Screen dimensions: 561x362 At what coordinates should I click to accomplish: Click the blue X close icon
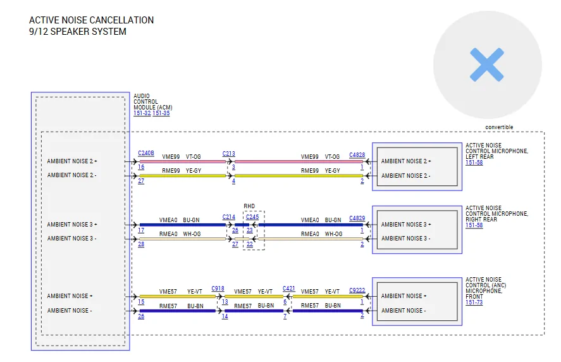click(487, 65)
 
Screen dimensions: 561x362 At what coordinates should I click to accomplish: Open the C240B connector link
click(146, 153)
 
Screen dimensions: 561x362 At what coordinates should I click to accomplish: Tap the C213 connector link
click(228, 154)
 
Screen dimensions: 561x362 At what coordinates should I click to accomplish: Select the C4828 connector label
click(357, 155)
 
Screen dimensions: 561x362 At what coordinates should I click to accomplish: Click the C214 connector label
click(228, 217)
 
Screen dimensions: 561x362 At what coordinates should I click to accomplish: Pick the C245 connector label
click(252, 217)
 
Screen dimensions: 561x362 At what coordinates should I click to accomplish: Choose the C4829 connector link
click(357, 218)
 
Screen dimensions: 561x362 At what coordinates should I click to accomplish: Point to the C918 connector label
click(218, 289)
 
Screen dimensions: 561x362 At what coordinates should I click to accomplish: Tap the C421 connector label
click(289, 289)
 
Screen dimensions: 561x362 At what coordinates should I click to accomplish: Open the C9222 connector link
click(357, 290)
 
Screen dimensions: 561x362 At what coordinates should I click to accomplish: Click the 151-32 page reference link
click(142, 113)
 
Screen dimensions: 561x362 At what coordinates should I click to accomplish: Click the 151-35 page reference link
click(161, 113)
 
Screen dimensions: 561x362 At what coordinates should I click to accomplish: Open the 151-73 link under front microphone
click(474, 303)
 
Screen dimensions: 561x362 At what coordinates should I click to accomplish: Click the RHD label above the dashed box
click(249, 206)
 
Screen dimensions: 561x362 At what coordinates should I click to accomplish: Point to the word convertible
click(499, 127)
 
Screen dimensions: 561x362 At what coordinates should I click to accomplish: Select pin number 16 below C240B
click(141, 167)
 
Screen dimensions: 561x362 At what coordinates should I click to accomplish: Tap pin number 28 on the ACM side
click(141, 244)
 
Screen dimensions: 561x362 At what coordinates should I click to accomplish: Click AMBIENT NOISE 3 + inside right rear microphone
click(406, 225)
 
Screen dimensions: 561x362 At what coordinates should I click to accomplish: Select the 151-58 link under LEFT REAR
click(474, 163)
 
